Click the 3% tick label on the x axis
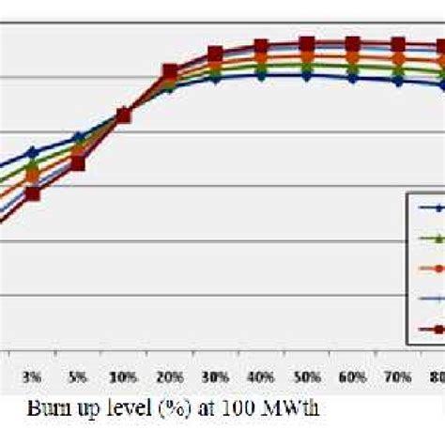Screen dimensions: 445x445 pyautogui.click(x=32, y=376)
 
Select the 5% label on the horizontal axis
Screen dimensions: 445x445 pyautogui.click(x=78, y=376)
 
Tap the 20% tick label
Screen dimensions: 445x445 pyautogui.click(x=170, y=376)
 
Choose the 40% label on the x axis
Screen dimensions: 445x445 pyautogui.click(x=261, y=376)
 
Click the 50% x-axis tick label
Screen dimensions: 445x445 pyautogui.click(x=307, y=376)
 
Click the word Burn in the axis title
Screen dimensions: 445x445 pyautogui.click(x=48, y=409)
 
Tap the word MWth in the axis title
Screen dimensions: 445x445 pyautogui.click(x=296, y=409)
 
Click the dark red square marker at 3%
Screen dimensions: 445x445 pyautogui.click(x=32, y=193)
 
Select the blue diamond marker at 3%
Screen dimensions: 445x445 pyautogui.click(x=32, y=152)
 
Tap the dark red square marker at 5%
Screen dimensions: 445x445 pyautogui.click(x=78, y=163)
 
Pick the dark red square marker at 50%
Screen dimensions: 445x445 pyautogui.click(x=307, y=43)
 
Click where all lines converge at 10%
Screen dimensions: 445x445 pyautogui.click(x=124, y=115)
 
